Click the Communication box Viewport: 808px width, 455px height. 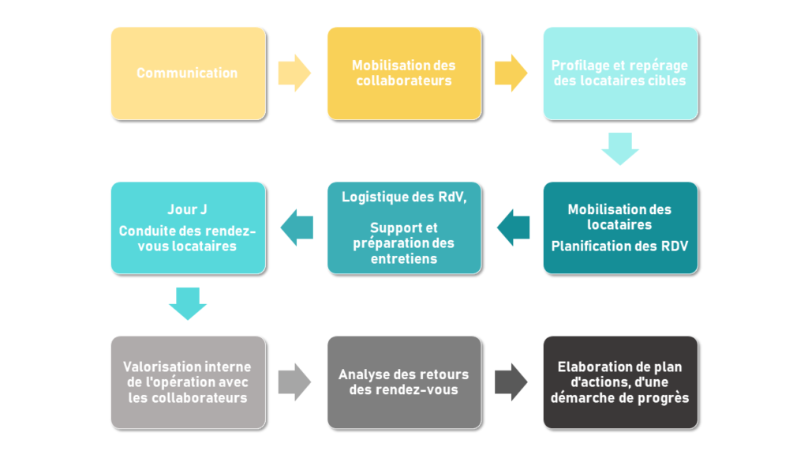click(189, 73)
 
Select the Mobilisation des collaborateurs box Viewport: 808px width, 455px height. click(405, 73)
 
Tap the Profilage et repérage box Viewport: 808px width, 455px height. click(620, 73)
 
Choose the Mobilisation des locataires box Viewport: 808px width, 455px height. click(620, 227)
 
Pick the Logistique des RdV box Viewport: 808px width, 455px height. click(405, 227)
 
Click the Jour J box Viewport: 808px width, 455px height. click(189, 227)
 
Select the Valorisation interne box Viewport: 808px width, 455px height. click(189, 382)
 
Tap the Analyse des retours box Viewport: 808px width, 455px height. click(405, 382)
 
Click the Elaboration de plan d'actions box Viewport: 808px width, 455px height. click(620, 382)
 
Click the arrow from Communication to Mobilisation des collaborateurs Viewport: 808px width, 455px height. click(295, 73)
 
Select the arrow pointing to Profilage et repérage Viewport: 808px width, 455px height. click(511, 73)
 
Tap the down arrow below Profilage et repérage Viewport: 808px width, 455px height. click(620, 149)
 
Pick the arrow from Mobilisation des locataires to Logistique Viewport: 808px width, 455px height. click(513, 227)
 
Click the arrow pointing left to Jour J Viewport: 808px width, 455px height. click(297, 227)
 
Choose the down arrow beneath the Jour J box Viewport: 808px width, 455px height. click(188, 304)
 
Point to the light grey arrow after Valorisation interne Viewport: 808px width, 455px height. click(295, 382)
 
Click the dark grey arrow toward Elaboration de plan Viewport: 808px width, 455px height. click(511, 382)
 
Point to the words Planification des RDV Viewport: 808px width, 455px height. click(620, 246)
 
